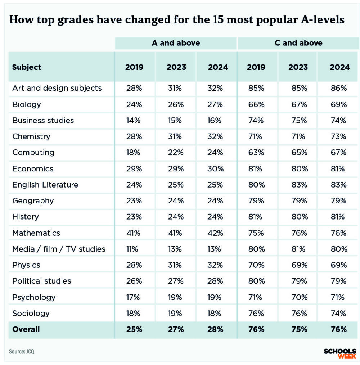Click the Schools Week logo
339,353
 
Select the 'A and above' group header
176,43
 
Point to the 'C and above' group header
298,43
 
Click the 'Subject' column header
27,67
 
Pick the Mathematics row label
36,233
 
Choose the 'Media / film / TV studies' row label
59,249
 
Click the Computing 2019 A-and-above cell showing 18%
134,152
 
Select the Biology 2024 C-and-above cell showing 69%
339,104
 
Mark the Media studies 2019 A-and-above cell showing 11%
134,249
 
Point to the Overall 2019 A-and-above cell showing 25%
134,329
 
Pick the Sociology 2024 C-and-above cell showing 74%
339,313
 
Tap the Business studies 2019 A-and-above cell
134,120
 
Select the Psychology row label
34,297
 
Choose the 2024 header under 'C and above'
339,67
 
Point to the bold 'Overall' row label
26,329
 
